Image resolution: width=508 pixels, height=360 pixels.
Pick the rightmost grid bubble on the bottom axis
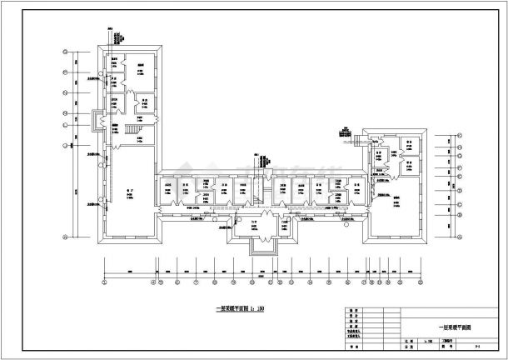point(405,282)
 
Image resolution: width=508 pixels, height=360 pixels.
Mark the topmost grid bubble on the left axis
point(64,52)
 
